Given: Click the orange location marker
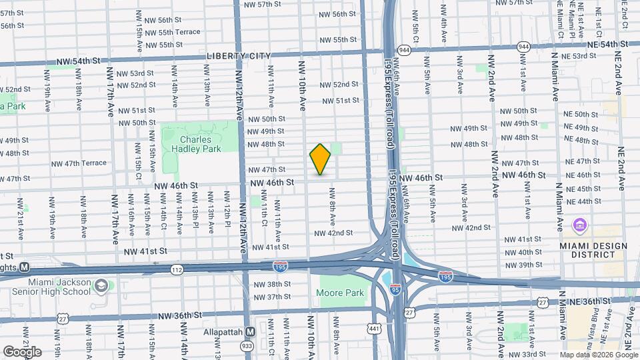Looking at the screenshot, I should click(x=320, y=159).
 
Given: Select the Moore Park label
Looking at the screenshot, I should click(x=345, y=293).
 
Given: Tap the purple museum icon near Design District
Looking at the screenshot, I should click(x=578, y=224).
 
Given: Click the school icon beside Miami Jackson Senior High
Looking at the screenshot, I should click(x=101, y=286).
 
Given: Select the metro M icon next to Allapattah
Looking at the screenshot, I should click(x=251, y=331).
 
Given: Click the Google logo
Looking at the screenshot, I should click(x=22, y=351).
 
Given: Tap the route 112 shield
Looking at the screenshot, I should click(x=176, y=269).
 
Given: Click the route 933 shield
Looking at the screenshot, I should click(x=245, y=346).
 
